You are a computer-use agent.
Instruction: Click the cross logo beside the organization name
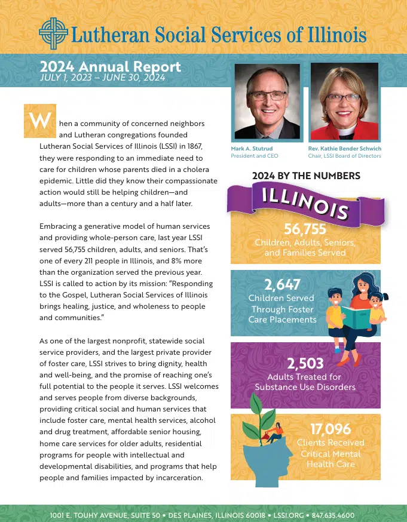[53, 32]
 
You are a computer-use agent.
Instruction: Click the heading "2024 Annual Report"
[111, 67]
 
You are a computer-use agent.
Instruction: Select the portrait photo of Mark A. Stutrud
[265, 101]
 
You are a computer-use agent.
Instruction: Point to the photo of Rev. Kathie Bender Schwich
[344, 101]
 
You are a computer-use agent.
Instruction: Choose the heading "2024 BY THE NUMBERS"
[306, 176]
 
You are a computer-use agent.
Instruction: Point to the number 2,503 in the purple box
[305, 363]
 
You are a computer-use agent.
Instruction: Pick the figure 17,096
[331, 428]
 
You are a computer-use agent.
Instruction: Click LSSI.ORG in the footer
[287, 515]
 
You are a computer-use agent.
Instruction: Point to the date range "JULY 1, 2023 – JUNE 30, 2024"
[102, 78]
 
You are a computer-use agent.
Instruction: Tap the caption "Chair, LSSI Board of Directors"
[344, 156]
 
